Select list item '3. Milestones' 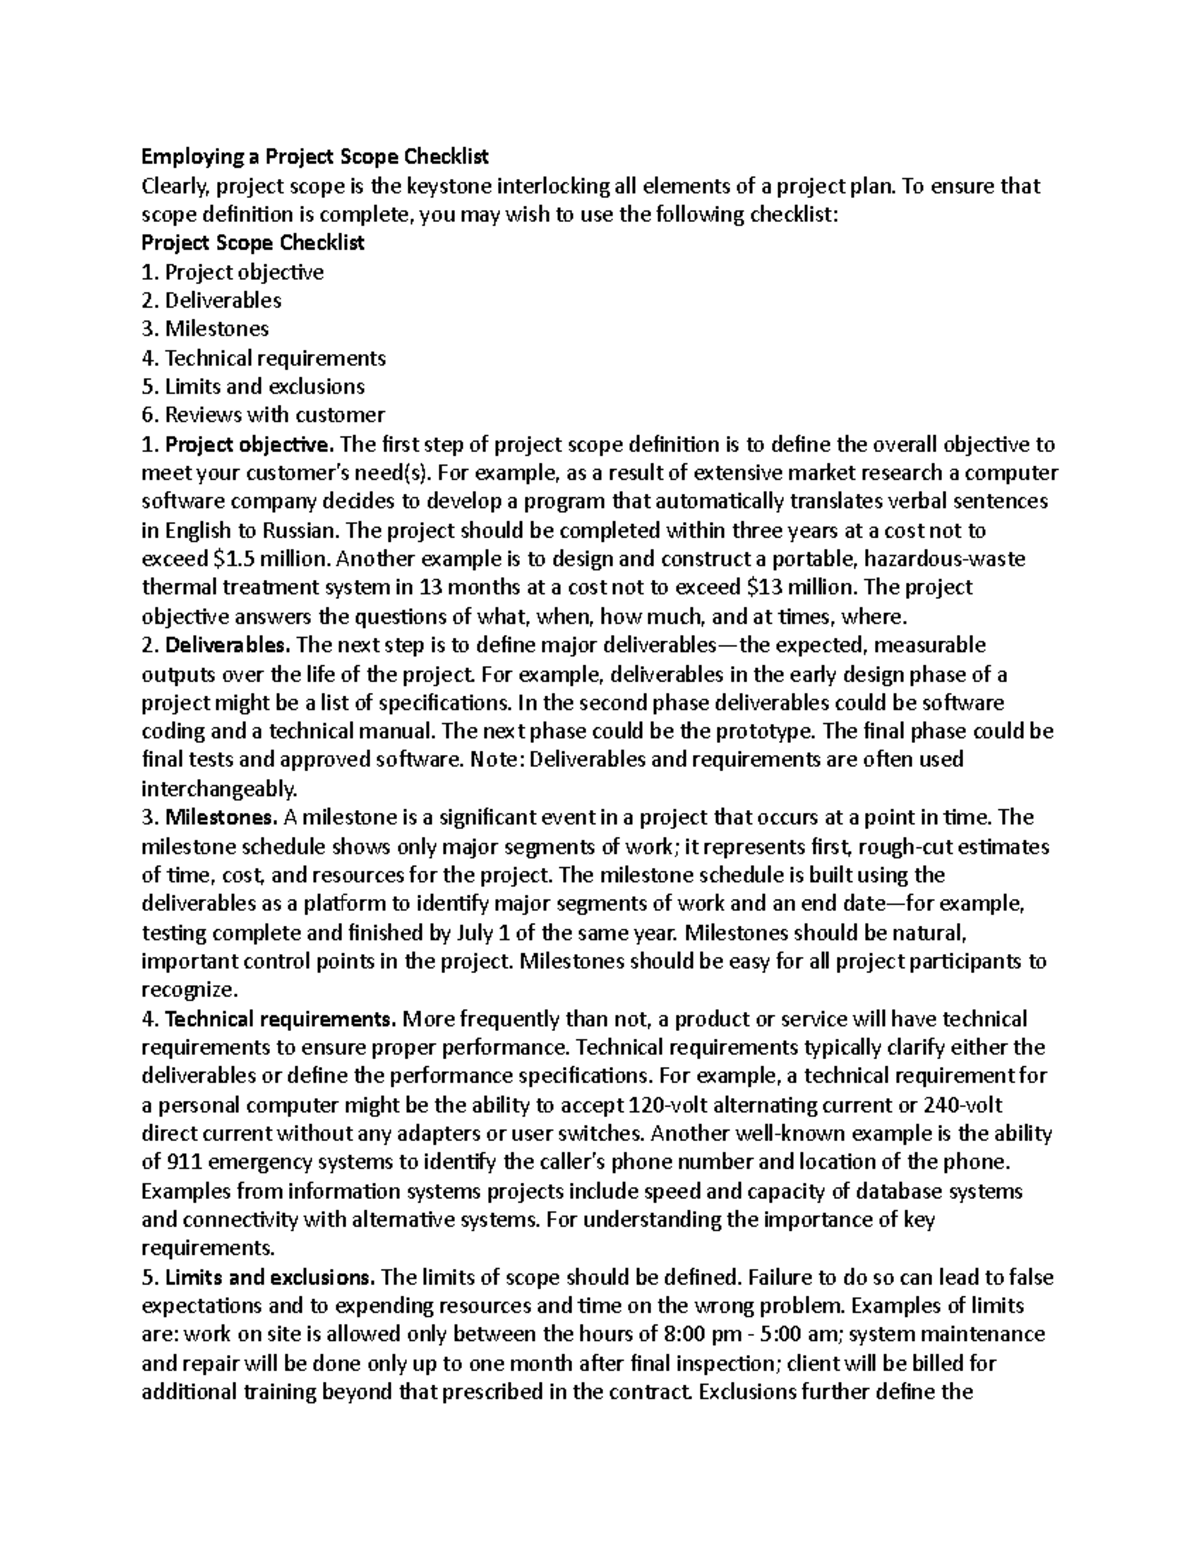click(205, 329)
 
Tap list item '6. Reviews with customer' click(263, 415)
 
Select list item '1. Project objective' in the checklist click(232, 272)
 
